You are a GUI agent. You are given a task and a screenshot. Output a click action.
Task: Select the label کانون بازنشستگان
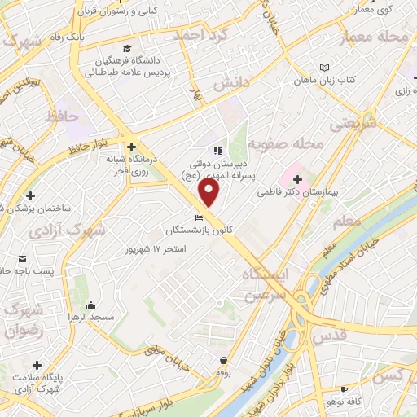point(199,230)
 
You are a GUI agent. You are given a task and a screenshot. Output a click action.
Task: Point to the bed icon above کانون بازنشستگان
point(198,217)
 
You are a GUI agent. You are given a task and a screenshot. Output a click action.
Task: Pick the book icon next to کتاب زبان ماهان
point(326,67)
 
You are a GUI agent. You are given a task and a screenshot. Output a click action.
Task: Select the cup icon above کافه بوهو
point(344,389)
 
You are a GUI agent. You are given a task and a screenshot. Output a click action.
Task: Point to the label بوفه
point(225,371)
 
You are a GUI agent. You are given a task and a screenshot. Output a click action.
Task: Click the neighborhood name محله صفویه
point(286,144)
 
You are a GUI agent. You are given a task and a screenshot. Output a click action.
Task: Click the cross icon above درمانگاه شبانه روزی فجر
point(130,147)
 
